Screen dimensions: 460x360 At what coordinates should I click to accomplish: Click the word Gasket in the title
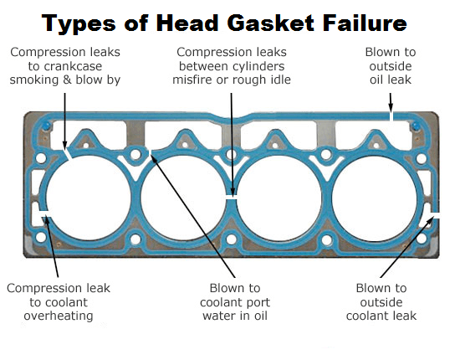point(270,23)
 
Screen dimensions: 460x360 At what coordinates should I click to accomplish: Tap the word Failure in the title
point(365,23)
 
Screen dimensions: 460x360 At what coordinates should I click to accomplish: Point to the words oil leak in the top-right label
point(391,80)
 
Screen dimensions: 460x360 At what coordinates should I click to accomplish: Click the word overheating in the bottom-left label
point(59,316)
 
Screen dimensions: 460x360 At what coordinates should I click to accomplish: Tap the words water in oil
point(235,316)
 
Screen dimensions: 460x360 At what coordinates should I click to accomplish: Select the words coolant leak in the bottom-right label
point(381,316)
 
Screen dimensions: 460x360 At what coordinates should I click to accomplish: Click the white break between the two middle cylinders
point(232,198)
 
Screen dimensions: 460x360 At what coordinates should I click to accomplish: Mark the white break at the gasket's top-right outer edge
point(391,116)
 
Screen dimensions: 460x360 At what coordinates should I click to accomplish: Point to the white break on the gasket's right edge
point(435,215)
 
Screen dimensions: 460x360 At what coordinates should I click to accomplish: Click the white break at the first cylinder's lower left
point(46,214)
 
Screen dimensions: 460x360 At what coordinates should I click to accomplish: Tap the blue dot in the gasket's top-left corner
point(46,126)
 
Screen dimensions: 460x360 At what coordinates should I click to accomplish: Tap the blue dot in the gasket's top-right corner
point(416,127)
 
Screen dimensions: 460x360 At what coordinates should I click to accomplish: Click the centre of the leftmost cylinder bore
point(89,198)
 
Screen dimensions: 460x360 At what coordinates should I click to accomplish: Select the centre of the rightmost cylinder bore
point(375,198)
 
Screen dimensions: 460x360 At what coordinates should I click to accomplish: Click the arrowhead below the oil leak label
point(391,109)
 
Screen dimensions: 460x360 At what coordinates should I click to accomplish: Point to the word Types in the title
point(79,23)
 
